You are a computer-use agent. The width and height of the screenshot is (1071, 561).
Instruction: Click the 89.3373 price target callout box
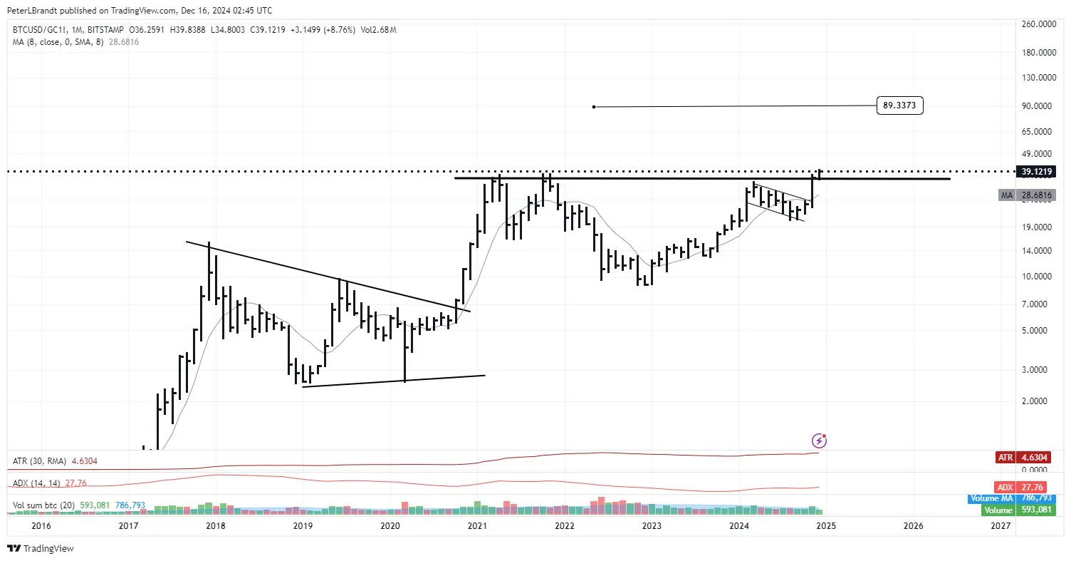tap(900, 106)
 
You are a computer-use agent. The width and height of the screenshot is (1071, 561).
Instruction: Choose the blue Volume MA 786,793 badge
tap(1018, 499)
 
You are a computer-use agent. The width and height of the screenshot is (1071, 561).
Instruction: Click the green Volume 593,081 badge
tap(1018, 510)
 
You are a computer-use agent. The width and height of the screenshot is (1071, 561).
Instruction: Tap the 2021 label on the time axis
tap(477, 526)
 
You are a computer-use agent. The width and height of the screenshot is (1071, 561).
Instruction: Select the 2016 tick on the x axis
tap(41, 526)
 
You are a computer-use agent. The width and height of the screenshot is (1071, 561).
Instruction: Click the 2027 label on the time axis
tap(1001, 526)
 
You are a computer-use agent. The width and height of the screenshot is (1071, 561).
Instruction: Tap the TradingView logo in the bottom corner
tap(41, 548)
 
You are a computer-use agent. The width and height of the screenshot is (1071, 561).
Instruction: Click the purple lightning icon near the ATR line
tap(820, 441)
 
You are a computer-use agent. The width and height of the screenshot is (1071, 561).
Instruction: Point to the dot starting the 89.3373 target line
tap(594, 107)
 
